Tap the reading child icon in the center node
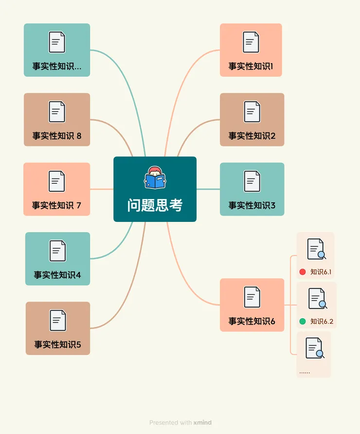click(155, 178)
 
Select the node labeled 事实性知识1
click(251, 50)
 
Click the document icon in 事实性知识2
click(252, 111)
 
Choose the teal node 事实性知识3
click(252, 189)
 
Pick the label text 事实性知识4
click(57, 275)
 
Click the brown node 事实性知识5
click(57, 328)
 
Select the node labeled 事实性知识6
click(252, 305)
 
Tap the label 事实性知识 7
click(56, 205)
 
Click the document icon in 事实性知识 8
click(57, 111)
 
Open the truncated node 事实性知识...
click(57, 50)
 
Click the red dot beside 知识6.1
click(302, 272)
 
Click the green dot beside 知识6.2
click(302, 321)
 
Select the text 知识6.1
click(321, 272)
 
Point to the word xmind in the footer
click(202, 423)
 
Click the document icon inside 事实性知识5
click(57, 321)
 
